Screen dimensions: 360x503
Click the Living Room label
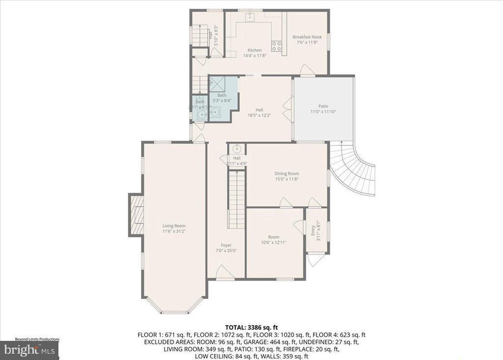pos(173,226)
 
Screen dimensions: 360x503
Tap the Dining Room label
pos(286,173)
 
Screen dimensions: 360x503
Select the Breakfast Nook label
pos(307,37)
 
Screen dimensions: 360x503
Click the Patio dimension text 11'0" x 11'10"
pos(323,111)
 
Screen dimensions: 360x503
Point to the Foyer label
pos(226,245)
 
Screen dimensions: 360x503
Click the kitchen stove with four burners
pos(277,46)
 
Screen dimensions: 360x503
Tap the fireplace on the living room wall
pos(136,214)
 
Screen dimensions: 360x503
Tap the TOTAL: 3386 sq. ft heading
pos(251,327)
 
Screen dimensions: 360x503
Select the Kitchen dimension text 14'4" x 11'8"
pos(254,55)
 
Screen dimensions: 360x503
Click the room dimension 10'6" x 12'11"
pos(274,242)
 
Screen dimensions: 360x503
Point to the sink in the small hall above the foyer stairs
pos(236,148)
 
